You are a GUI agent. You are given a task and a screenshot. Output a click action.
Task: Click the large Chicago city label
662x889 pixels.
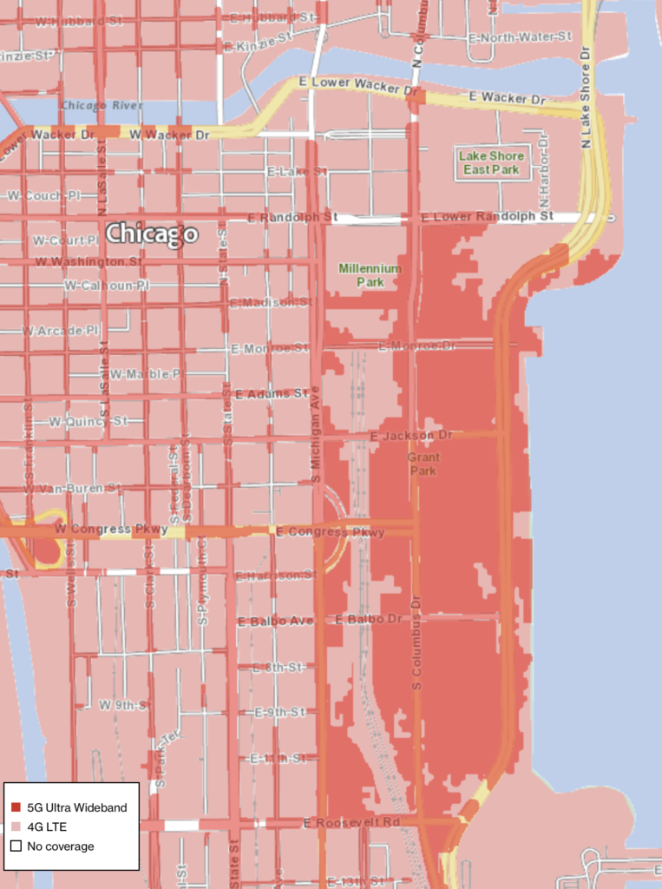coord(152,234)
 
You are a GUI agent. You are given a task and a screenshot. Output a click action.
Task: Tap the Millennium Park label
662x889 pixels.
coord(370,275)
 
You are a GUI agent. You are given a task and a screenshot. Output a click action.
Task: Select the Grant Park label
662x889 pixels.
coord(423,464)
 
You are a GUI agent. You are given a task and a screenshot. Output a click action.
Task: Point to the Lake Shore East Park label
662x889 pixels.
coord(492,162)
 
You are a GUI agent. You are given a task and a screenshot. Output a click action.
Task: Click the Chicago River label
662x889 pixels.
coord(102,105)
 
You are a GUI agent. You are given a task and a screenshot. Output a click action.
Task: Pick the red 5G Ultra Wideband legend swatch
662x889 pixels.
coord(16,807)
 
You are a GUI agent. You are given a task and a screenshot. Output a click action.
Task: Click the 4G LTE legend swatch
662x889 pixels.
coord(16,826)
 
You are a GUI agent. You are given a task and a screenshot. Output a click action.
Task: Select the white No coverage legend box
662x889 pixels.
coord(16,846)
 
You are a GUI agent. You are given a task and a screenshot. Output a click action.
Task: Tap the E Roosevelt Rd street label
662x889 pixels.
coord(352,821)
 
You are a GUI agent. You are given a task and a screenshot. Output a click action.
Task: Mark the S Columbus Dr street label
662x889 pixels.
coord(416,644)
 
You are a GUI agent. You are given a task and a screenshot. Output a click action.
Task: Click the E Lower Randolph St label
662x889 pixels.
coord(487,215)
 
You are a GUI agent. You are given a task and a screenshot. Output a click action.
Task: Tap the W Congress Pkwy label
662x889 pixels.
coord(99,529)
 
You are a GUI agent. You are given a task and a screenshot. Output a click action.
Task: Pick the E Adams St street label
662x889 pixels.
coord(272,393)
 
